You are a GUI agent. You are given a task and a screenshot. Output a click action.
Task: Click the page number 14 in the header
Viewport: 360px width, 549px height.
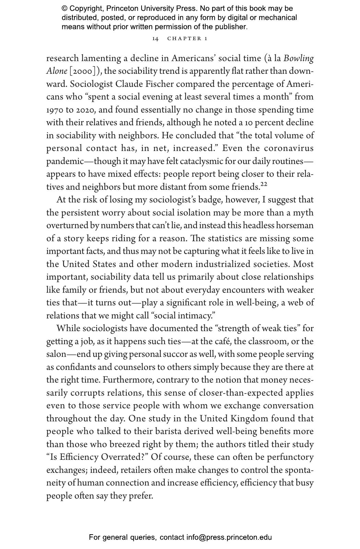[155, 38]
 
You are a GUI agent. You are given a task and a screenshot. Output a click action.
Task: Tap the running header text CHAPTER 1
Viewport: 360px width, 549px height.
[187, 38]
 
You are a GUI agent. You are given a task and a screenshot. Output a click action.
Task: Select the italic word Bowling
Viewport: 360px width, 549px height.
[299, 58]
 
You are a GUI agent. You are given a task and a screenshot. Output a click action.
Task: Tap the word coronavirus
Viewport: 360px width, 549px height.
[289, 149]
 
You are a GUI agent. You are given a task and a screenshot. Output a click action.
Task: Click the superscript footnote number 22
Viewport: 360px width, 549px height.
[264, 185]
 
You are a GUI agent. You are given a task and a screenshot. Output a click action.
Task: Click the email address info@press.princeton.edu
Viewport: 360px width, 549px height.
[229, 537]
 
